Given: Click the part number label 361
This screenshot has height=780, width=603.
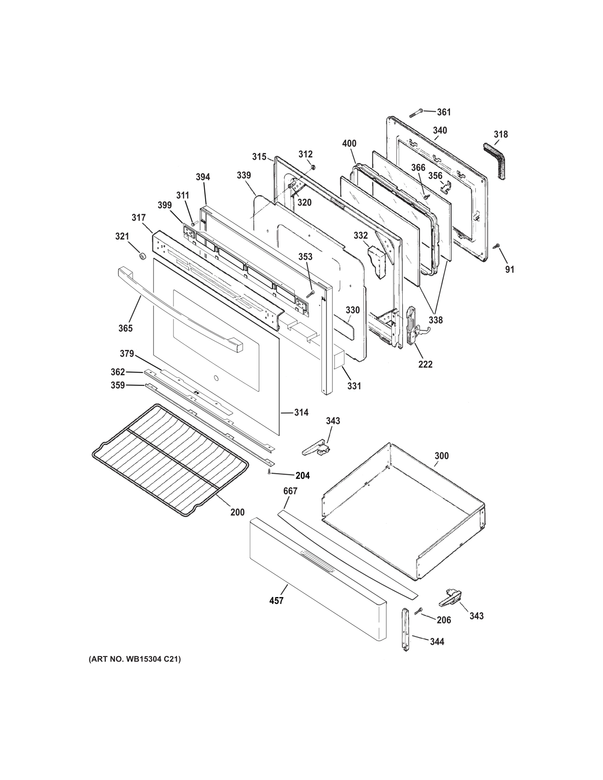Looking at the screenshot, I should pyautogui.click(x=444, y=112).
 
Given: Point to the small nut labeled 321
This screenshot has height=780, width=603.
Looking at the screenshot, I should pyautogui.click(x=141, y=256).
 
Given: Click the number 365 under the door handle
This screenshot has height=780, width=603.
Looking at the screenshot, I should pyautogui.click(x=125, y=328).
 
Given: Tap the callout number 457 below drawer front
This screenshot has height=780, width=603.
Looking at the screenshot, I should pyautogui.click(x=276, y=600).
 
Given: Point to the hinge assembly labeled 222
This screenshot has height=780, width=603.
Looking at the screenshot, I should pyautogui.click(x=412, y=326).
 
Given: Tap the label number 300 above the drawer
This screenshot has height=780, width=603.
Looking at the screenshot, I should pyautogui.click(x=441, y=456).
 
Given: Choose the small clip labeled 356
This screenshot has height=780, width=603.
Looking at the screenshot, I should pyautogui.click(x=446, y=186).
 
